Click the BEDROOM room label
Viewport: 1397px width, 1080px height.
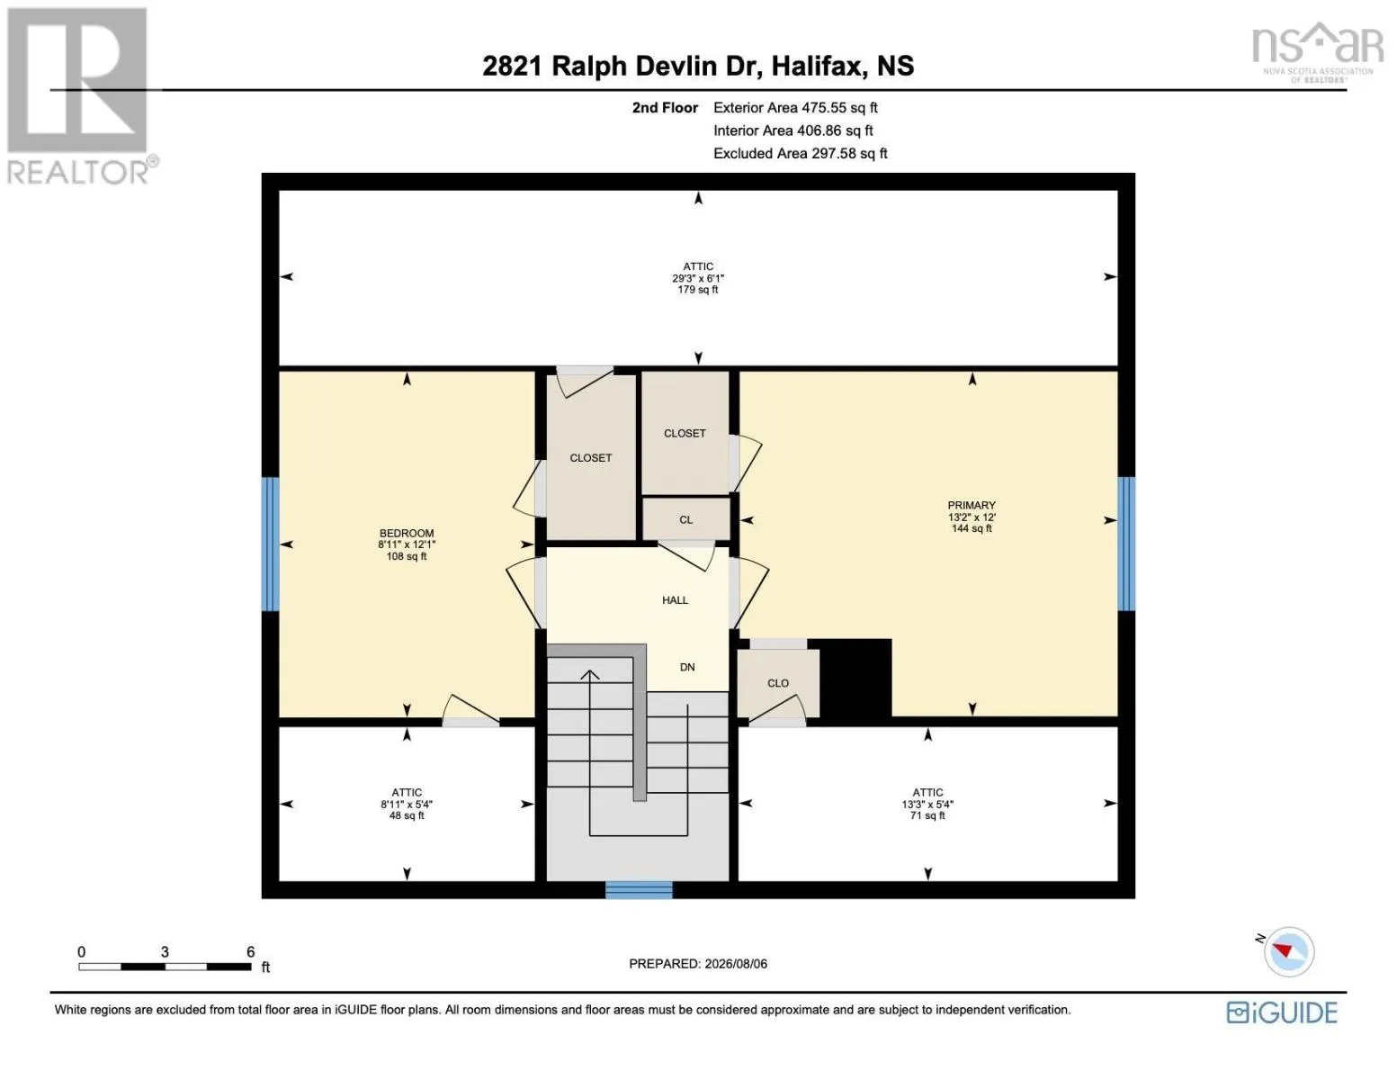(407, 533)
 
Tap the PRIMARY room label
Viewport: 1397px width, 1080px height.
(972, 506)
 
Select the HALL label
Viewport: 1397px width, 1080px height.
(675, 600)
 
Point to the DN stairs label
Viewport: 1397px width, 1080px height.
(687, 667)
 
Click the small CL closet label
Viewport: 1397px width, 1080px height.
(686, 519)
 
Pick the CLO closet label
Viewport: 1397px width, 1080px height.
(778, 683)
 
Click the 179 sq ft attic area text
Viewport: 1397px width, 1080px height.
(697, 290)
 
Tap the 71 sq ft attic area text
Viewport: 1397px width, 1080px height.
(927, 815)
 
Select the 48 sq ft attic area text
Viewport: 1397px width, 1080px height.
(407, 815)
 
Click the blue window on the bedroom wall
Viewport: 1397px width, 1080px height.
(270, 544)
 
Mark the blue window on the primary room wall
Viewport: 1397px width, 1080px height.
(1126, 544)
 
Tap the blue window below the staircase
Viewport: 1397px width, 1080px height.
(639, 890)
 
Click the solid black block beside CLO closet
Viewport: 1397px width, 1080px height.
(855, 678)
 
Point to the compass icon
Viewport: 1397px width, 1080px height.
(1288, 952)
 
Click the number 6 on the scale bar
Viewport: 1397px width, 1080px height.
(250, 951)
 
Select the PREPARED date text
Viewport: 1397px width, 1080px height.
(697, 964)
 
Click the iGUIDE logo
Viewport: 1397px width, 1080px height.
(1282, 1012)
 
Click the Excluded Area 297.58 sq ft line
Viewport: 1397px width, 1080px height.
(800, 153)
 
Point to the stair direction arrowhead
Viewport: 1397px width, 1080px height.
(589, 675)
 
